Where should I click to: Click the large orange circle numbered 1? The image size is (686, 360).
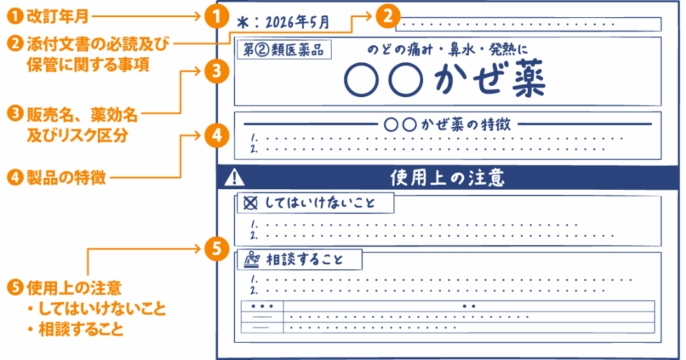[217, 16]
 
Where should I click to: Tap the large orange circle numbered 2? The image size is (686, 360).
[387, 16]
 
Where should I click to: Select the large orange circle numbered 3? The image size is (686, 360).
[217, 71]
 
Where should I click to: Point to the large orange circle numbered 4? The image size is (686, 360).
[217, 136]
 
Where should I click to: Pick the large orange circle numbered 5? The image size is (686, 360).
[217, 249]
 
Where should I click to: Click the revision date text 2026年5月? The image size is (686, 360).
[297, 22]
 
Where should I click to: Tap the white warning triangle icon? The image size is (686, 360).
[234, 178]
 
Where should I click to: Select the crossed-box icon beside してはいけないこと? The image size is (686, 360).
[250, 203]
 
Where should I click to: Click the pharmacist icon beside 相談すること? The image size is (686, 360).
[252, 260]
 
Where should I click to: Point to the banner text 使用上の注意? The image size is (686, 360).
[447, 178]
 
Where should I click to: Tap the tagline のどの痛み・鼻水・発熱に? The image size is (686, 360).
[448, 50]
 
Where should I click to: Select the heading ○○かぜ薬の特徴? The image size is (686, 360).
[447, 124]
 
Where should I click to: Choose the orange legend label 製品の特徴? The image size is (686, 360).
[66, 178]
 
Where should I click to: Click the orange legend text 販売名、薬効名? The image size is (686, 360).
[82, 115]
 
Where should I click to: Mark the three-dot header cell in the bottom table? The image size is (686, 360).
[262, 306]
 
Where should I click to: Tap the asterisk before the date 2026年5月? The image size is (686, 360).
[243, 22]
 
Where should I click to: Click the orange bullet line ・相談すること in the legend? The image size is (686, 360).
[75, 329]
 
